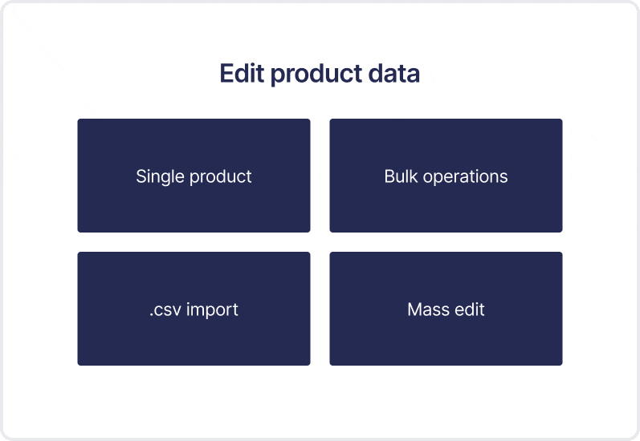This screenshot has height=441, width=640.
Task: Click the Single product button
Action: tap(194, 176)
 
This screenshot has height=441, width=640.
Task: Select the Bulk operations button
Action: tap(446, 176)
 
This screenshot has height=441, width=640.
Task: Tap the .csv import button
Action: tap(194, 309)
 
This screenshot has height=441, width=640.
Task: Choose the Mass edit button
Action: tap(446, 309)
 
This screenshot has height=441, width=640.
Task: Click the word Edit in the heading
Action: tap(242, 73)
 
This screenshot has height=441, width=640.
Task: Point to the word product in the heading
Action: tap(316, 75)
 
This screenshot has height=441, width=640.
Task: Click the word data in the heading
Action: tap(394, 73)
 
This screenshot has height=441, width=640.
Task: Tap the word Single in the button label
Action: tap(161, 177)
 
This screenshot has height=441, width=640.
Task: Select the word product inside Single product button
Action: tap(220, 177)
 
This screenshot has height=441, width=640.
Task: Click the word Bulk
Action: tap(402, 176)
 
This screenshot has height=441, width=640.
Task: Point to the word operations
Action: tap(465, 177)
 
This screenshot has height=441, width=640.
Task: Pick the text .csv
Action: tap(165, 310)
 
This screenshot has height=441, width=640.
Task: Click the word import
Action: tap(212, 310)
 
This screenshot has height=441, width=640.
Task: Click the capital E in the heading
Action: tap(226, 73)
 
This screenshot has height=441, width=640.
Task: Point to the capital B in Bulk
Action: tap(389, 176)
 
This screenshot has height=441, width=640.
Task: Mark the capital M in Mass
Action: tap(414, 310)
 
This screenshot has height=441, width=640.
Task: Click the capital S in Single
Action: tap(141, 176)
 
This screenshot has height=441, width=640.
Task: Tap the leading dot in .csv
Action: tap(152, 315)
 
